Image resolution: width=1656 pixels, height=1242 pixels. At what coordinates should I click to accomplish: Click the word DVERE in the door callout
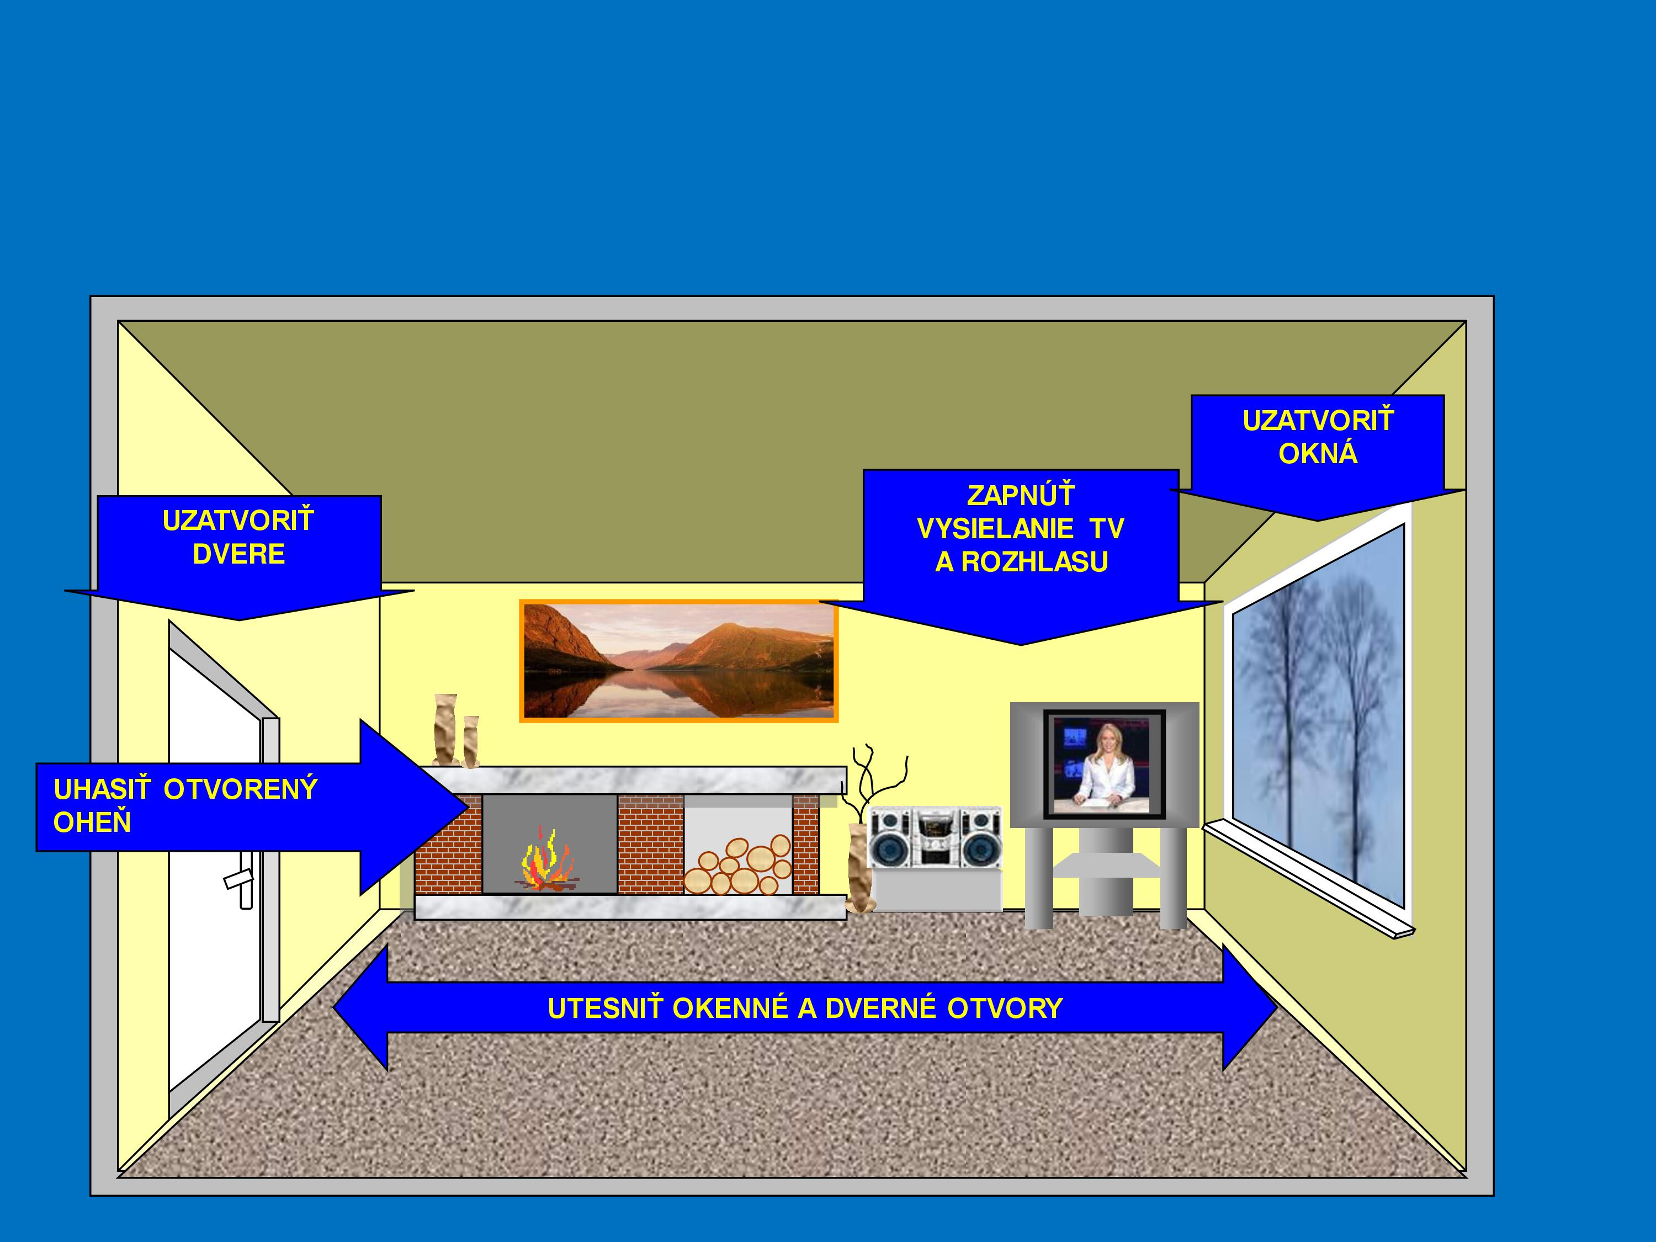239,554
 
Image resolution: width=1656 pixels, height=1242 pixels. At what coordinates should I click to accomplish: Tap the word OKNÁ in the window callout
1318,454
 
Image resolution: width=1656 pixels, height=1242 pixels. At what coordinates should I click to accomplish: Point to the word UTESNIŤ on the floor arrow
605,1009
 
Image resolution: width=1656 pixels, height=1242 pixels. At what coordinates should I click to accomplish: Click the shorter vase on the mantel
471,742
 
